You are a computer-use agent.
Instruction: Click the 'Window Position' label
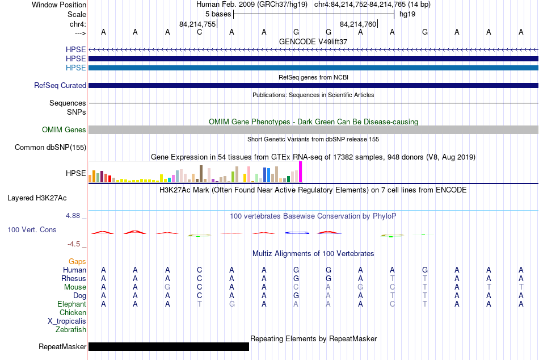[x=59, y=5]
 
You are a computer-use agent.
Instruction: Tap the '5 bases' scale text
[x=218, y=14]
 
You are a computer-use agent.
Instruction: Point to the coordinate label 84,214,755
[x=197, y=24]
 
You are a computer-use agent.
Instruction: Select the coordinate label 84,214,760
[x=358, y=24]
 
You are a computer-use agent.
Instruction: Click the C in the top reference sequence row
[x=199, y=32]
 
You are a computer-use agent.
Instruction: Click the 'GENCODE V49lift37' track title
[x=313, y=41]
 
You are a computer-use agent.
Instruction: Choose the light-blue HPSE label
[x=75, y=68]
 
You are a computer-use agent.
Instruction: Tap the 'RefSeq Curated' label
[x=60, y=85]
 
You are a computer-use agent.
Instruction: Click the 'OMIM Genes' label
[x=64, y=130]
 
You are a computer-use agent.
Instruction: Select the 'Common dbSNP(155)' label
[x=50, y=147]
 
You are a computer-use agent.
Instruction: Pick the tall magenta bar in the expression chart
[x=301, y=172]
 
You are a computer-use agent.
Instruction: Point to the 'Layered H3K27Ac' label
[x=37, y=198]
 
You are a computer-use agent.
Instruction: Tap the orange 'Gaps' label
[x=77, y=262]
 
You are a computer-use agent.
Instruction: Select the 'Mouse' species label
[x=75, y=287]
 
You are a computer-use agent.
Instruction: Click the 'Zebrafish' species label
[x=71, y=330]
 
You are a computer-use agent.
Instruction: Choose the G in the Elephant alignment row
[x=232, y=304]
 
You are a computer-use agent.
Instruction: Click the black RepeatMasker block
[x=169, y=346]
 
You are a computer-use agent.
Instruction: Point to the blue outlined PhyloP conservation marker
[x=297, y=233]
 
